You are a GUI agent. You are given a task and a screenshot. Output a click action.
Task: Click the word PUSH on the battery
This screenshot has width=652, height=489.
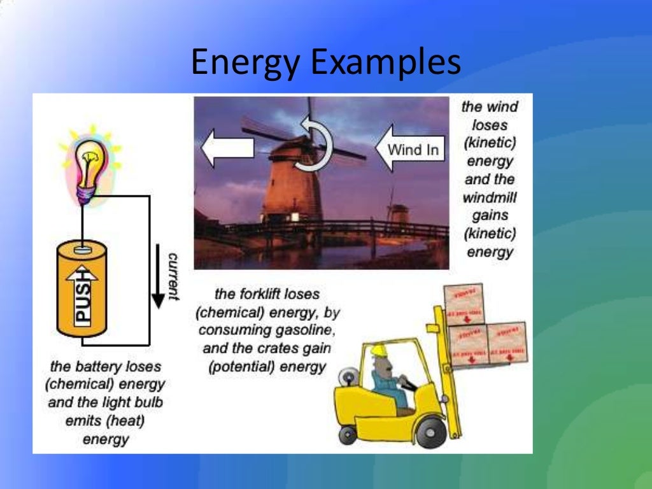pos(83,299)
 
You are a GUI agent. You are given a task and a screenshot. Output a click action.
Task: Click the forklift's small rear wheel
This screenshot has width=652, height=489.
pos(348,435)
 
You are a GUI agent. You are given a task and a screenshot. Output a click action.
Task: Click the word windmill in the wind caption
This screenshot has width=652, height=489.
pos(490,197)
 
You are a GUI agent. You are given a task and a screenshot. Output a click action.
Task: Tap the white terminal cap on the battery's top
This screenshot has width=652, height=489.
pos(83,250)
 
